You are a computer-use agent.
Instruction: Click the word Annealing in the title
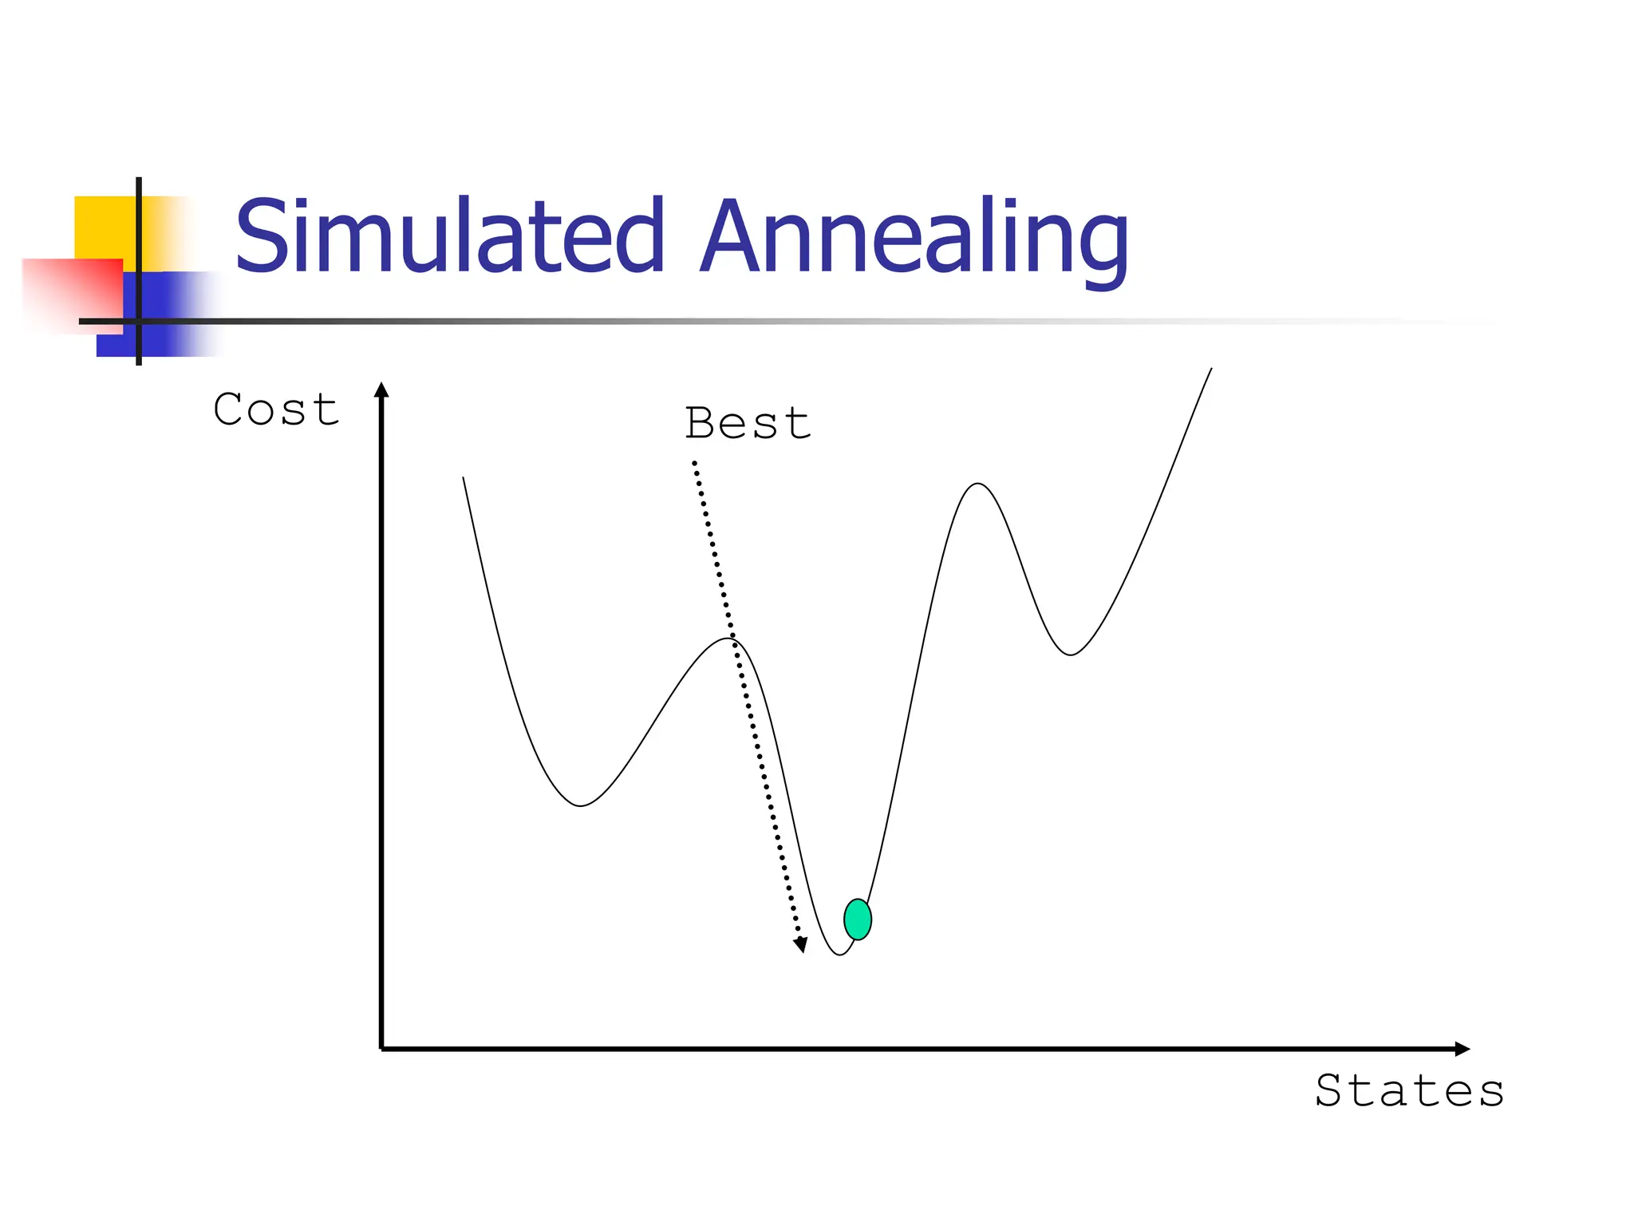[913, 239]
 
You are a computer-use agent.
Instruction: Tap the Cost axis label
[276, 410]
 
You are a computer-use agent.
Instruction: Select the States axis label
[1409, 1091]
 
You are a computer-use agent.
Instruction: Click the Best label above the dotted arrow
[748, 423]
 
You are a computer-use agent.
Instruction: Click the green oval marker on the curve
[858, 919]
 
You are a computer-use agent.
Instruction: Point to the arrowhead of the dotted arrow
[800, 946]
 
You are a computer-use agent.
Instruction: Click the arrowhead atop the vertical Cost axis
[381, 390]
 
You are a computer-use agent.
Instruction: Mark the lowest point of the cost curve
[839, 955]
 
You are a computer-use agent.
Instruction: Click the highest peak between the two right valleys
[978, 484]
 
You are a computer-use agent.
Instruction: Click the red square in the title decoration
[72, 291]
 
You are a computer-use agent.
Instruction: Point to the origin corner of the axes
[382, 1049]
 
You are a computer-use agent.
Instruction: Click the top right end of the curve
[1211, 369]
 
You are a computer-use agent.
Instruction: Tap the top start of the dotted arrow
[694, 462]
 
